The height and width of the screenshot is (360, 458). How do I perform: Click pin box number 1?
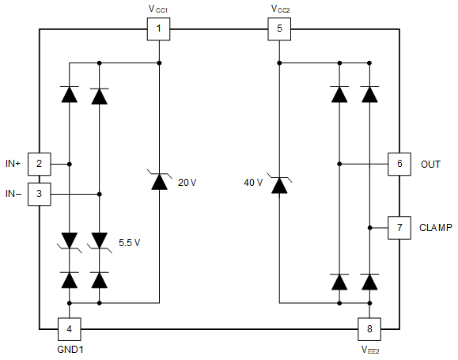tap(159, 31)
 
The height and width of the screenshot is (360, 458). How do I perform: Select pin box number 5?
tap(279, 31)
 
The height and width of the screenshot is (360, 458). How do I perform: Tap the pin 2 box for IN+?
tap(40, 164)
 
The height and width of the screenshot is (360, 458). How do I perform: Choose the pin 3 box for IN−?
tap(40, 193)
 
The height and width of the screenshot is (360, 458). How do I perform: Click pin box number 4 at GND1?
tap(70, 328)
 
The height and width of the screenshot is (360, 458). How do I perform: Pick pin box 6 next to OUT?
tap(399, 164)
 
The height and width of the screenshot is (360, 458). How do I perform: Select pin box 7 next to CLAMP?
tap(399, 228)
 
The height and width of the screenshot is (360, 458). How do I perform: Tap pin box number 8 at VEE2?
tap(369, 328)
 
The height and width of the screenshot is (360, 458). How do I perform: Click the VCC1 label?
tap(159, 9)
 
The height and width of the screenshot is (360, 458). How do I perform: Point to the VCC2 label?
tap(280, 9)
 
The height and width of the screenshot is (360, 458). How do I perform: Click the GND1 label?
tap(70, 349)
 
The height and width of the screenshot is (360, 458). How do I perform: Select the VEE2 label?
tap(369, 349)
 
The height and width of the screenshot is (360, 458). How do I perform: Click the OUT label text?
tap(430, 164)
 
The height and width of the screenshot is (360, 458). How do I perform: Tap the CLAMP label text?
tap(436, 228)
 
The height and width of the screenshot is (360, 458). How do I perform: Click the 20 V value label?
tap(187, 182)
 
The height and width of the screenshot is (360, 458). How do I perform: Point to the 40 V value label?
tap(253, 182)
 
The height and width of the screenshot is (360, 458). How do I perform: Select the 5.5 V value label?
tap(130, 241)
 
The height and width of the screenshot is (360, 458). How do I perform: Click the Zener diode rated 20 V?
tap(159, 182)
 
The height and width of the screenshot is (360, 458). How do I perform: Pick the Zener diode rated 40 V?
tap(279, 185)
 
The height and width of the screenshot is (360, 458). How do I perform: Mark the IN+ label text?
tap(12, 164)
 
